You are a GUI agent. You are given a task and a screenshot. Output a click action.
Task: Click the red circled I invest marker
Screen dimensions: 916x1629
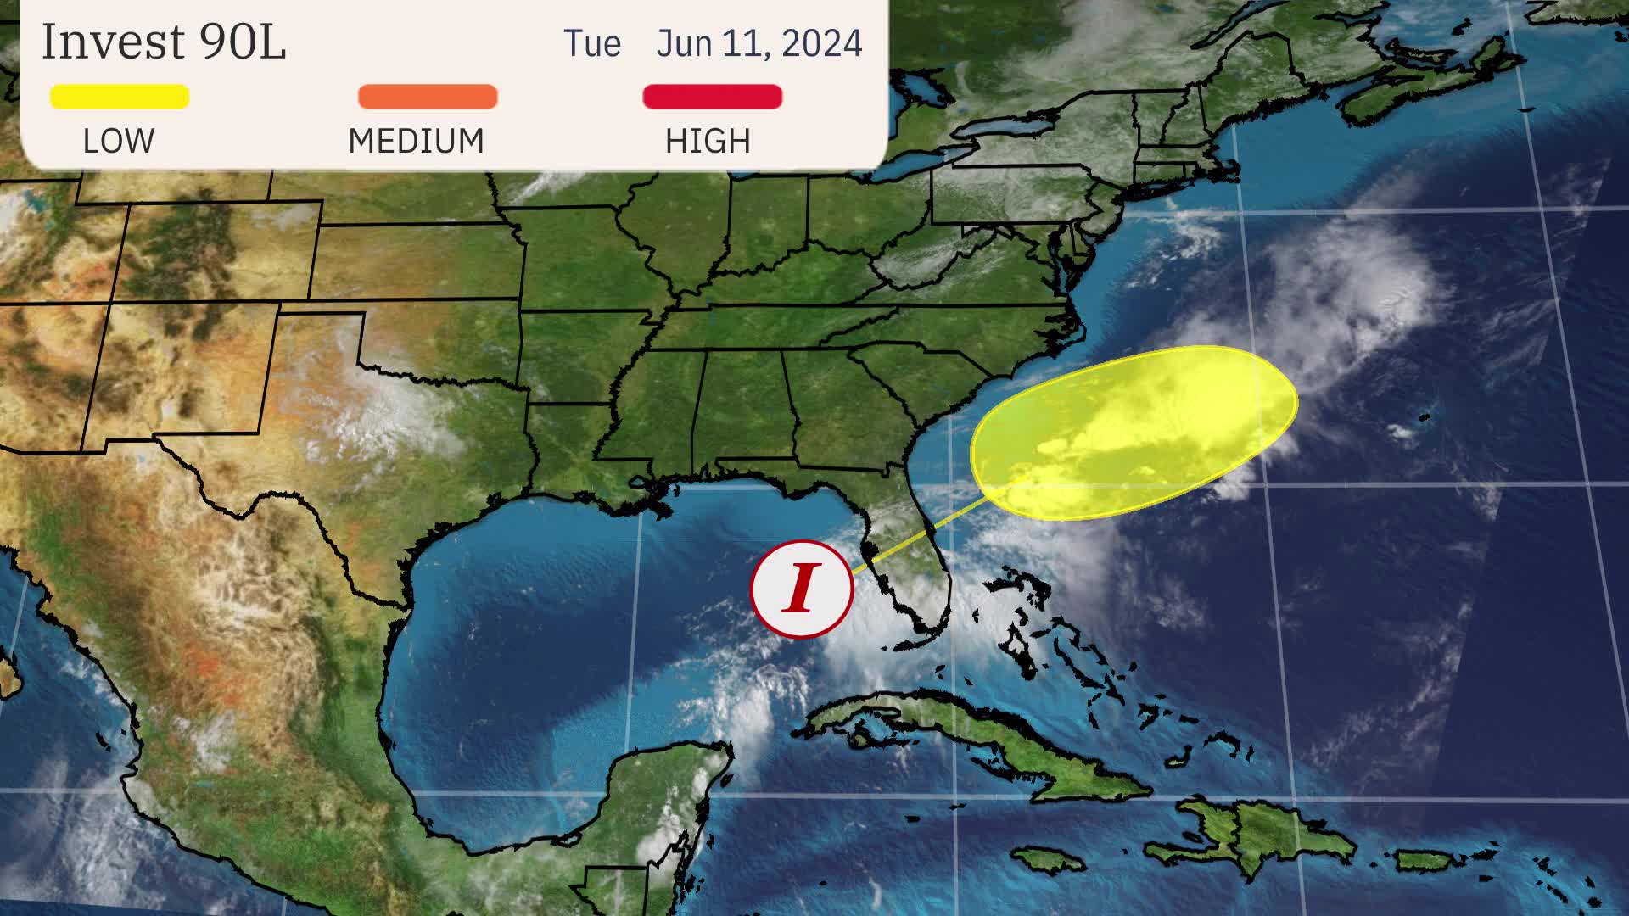802,589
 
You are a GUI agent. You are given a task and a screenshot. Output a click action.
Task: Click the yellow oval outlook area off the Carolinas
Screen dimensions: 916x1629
1134,433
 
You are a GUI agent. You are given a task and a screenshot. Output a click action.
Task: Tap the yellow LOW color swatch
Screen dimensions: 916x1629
120,97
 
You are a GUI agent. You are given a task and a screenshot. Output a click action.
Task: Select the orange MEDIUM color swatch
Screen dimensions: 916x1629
428,97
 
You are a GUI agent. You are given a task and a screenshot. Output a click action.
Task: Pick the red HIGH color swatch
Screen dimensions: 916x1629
713,97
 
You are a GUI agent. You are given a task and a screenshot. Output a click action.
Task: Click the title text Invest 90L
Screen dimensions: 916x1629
164,42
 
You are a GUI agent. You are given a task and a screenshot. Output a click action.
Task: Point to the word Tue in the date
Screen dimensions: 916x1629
592,44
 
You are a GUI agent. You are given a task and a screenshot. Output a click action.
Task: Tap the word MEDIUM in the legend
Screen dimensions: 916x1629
416,141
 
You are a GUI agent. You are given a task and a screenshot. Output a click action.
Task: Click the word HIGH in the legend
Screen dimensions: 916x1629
708,141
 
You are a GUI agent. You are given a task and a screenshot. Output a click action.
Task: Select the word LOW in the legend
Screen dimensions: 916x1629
119,141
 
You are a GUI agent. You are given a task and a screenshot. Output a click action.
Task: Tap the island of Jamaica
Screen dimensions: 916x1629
1050,860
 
